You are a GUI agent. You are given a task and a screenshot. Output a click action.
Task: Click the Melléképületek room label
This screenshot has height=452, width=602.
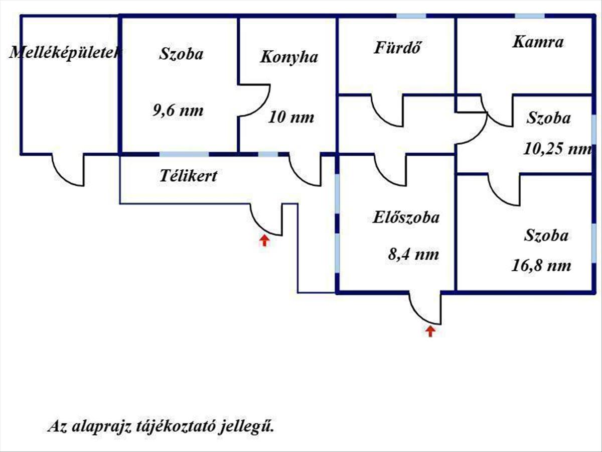click(x=64, y=53)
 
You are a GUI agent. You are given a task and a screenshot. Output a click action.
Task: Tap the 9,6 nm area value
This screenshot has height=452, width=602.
click(x=178, y=110)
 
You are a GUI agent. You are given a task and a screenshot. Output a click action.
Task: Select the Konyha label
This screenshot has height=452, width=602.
click(x=288, y=57)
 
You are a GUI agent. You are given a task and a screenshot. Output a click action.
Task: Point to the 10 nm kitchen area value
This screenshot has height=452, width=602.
click(x=291, y=118)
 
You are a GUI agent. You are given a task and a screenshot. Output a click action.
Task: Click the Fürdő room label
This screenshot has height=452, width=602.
click(x=397, y=48)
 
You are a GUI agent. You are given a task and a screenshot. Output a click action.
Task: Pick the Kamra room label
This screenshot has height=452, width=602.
click(x=537, y=42)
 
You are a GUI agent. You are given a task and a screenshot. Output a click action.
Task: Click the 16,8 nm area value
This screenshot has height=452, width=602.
click(x=541, y=265)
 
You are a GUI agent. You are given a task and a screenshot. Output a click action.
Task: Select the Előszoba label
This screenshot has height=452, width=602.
click(x=406, y=217)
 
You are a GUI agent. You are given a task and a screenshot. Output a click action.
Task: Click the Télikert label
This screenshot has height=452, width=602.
click(x=188, y=176)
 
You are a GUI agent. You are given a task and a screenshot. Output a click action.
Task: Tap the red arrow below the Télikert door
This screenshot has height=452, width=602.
click(x=264, y=241)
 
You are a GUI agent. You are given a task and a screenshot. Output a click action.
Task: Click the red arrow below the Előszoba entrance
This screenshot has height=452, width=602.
click(x=430, y=330)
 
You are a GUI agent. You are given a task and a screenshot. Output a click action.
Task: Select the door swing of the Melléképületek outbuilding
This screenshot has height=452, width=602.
click(x=68, y=171)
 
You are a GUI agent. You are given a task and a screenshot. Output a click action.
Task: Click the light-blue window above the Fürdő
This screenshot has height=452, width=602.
click(x=411, y=16)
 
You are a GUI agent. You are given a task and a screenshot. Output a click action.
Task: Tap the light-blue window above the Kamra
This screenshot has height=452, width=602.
click(x=530, y=16)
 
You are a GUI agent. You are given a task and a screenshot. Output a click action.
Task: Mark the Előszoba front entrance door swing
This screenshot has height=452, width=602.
click(x=425, y=307)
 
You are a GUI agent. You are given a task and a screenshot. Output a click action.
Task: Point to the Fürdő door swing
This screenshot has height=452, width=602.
click(x=387, y=110)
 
